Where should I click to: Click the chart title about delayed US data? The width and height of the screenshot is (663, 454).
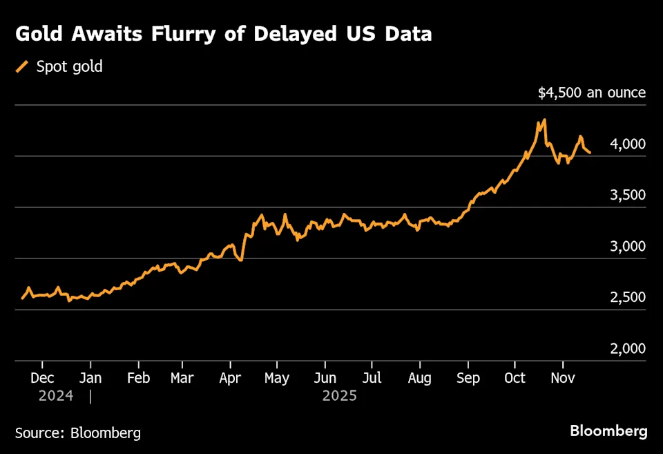224,34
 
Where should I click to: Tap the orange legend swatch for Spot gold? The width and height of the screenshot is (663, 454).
23,67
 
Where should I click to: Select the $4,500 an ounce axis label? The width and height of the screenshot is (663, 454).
592,93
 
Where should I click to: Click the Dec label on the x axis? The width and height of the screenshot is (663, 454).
42,378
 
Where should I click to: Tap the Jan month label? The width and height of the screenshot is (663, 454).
90,378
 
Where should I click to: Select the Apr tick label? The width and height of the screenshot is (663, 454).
229,378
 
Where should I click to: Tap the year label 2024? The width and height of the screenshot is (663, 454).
56,396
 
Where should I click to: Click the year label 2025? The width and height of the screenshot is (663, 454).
339,396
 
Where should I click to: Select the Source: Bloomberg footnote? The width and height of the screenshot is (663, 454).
78,433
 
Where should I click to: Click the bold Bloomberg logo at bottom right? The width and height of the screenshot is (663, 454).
608,431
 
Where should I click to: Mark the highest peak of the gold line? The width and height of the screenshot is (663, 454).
544,120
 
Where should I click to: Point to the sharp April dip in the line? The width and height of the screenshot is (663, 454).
240,259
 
